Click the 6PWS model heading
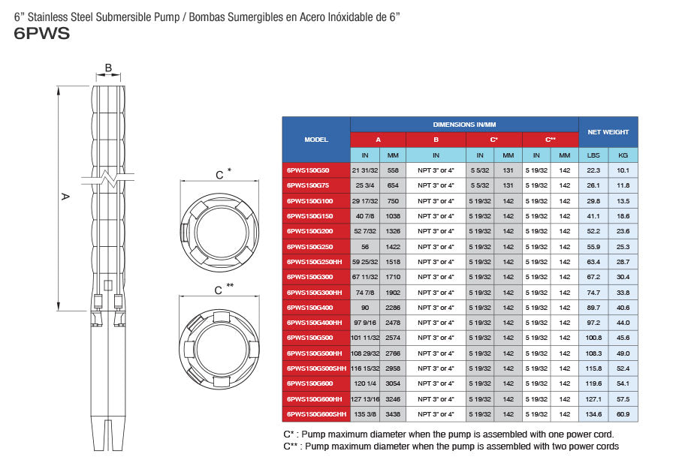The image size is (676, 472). click(42, 34)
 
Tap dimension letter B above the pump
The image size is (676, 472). click(108, 68)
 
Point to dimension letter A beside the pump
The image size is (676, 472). click(65, 197)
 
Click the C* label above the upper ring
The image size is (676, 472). click(223, 173)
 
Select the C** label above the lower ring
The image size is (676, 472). click(224, 289)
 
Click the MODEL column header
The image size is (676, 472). click(316, 140)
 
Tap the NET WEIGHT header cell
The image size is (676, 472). click(608, 132)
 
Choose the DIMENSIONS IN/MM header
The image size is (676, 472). click(464, 125)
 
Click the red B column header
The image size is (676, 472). click(436, 140)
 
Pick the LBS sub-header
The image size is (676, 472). click(593, 155)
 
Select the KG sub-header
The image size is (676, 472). click(623, 155)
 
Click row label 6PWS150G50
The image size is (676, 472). click(308, 170)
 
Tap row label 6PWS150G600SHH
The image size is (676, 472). click(316, 414)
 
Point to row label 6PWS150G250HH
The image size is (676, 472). click(314, 262)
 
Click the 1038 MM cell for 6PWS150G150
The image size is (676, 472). click(393, 216)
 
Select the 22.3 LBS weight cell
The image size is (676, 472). click(593, 170)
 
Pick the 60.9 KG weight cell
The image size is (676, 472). click(623, 414)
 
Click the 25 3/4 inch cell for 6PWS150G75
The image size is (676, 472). click(365, 185)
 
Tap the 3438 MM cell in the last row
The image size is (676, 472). click(393, 414)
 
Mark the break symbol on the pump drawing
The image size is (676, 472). click(107, 178)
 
